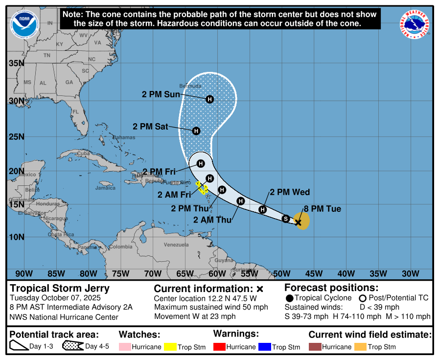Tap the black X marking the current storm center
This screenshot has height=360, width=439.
[x=298, y=222]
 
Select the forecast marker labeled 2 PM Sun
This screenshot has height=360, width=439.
[x=209, y=99]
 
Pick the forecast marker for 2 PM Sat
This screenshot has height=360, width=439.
[x=196, y=131]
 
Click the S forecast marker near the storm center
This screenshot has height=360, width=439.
[x=286, y=219]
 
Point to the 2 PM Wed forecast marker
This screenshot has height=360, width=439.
[x=263, y=209]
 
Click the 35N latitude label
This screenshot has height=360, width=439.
[x=16, y=63]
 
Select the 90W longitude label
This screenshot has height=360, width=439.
[x=24, y=273]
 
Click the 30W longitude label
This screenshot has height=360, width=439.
[x=410, y=273]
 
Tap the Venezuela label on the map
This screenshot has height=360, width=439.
[x=176, y=245]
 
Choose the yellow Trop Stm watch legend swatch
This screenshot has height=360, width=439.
[x=170, y=347]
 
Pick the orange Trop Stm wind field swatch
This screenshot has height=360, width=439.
[x=361, y=347]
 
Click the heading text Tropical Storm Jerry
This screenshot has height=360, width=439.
[x=60, y=289]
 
